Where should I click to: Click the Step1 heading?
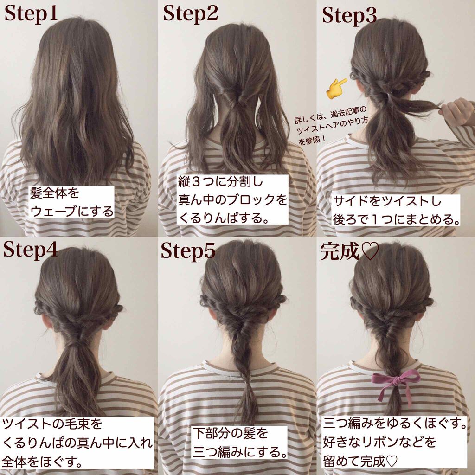tap(31, 14)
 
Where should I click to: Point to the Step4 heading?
tap(31, 250)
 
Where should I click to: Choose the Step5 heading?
tap(188, 251)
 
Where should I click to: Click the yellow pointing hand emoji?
tap(337, 89)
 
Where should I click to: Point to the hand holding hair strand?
tap(457, 111)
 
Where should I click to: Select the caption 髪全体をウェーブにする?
tap(71, 203)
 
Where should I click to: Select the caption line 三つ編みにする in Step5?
tap(239, 451)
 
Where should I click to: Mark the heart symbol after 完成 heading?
tap(371, 251)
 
